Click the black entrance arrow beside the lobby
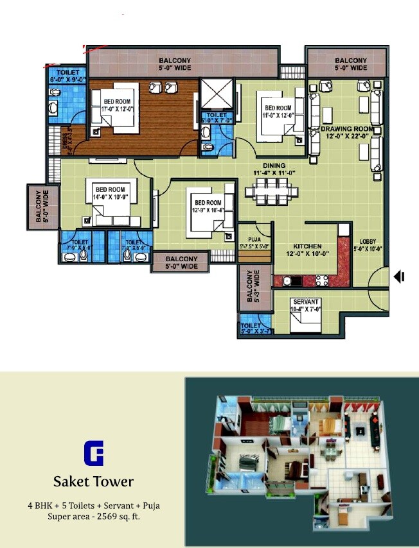399,277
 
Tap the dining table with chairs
271,192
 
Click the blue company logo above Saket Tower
93,453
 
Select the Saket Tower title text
93,481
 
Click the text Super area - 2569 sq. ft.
93,517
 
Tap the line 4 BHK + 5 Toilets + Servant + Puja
93,506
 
